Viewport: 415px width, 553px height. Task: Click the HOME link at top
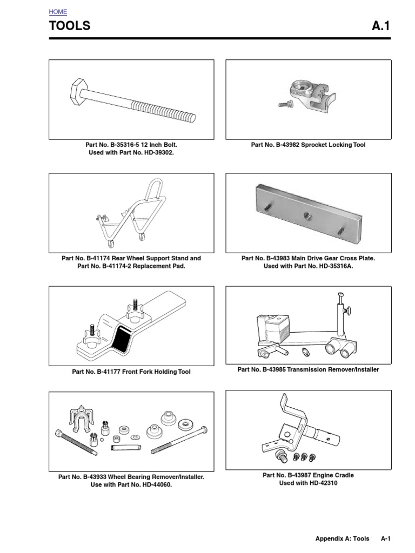coord(58,11)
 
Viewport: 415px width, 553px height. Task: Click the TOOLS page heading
coord(70,26)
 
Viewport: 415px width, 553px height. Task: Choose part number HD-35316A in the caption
coord(332,267)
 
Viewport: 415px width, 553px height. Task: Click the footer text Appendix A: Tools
coord(343,538)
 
